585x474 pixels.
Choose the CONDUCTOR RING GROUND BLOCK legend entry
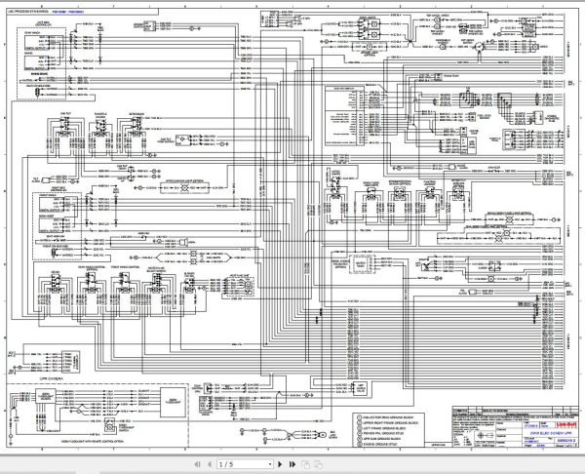point(357,387)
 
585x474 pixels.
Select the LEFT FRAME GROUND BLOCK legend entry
point(355,407)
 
